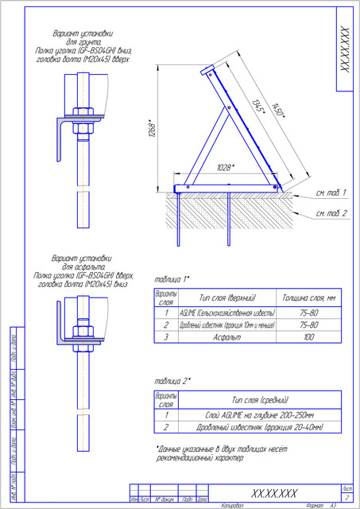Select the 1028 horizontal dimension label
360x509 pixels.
(226, 168)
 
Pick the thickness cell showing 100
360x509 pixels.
(309, 337)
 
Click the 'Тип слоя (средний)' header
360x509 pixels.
(260, 399)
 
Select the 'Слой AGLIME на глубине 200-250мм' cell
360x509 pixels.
(260, 414)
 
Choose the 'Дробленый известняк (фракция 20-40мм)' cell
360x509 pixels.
(260, 427)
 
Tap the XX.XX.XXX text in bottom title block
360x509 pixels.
(274, 492)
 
